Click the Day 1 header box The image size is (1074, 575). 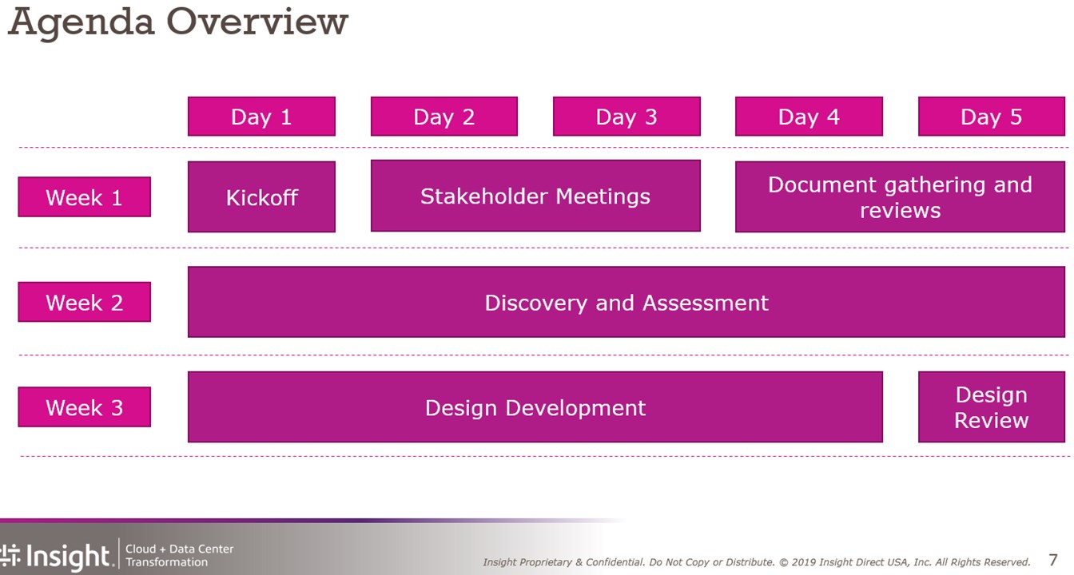pyautogui.click(x=261, y=117)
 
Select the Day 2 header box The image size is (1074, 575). pyautogui.click(x=444, y=117)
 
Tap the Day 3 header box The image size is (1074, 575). pyautogui.click(x=626, y=117)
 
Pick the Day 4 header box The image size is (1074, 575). pyautogui.click(x=809, y=117)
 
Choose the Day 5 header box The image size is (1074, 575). pyautogui.click(x=992, y=117)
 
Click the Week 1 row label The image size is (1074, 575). pyautogui.click(x=85, y=197)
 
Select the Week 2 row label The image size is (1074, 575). pyautogui.click(x=85, y=302)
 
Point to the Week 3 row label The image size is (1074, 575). pyautogui.click(x=85, y=406)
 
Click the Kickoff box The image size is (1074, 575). pyautogui.click(x=261, y=197)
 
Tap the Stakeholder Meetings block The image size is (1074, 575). pyautogui.click(x=535, y=196)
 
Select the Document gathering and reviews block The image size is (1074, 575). pyautogui.click(x=900, y=197)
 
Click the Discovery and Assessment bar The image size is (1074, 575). pyautogui.click(x=626, y=302)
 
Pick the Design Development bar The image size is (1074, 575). pyautogui.click(x=535, y=406)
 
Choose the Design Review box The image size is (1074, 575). pyautogui.click(x=992, y=406)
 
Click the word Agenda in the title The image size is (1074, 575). pyautogui.click(x=82, y=23)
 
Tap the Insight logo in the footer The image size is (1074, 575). pyautogui.click(x=56, y=557)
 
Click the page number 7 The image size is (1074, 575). pyautogui.click(x=1053, y=560)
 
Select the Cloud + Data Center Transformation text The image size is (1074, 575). pyautogui.click(x=179, y=555)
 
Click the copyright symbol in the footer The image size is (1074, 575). pyautogui.click(x=783, y=562)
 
